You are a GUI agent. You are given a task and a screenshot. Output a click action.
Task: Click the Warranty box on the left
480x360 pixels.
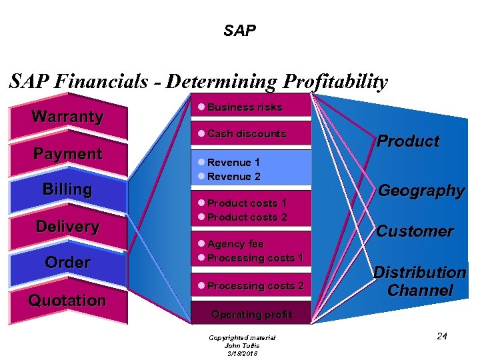pos(67,117)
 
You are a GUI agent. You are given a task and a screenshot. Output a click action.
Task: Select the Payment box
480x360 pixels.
pos(67,154)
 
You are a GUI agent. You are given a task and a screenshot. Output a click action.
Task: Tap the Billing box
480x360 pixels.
pos(67,189)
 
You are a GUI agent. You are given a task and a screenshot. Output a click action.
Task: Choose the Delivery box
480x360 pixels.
pos(67,227)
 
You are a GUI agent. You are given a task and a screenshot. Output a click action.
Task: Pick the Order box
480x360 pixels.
pos(67,263)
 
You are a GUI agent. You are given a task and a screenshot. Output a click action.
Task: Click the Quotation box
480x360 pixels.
pos(67,301)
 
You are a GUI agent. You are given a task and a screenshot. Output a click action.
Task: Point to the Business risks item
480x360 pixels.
pos(244,107)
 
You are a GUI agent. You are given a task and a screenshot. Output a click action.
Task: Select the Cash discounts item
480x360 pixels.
pos(246,134)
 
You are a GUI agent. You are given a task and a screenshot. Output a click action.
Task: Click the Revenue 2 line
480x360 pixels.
pos(233,177)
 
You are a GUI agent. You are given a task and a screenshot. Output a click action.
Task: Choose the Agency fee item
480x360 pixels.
pos(235,244)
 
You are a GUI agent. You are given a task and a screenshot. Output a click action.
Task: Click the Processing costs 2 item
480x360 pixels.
pos(255,286)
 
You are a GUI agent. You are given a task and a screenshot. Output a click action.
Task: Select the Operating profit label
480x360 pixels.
pos(251,314)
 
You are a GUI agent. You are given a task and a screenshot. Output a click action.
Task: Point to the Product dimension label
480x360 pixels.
pos(408,141)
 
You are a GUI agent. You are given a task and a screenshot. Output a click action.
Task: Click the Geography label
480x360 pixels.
pos(421,191)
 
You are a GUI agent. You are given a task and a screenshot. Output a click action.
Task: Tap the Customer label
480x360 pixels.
pos(415,231)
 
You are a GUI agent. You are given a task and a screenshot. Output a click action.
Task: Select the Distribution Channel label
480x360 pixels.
pos(419,281)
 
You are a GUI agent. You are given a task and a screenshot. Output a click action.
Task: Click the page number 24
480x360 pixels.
pos(441,336)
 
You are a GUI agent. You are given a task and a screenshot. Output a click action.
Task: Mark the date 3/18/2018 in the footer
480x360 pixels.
pos(242,354)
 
